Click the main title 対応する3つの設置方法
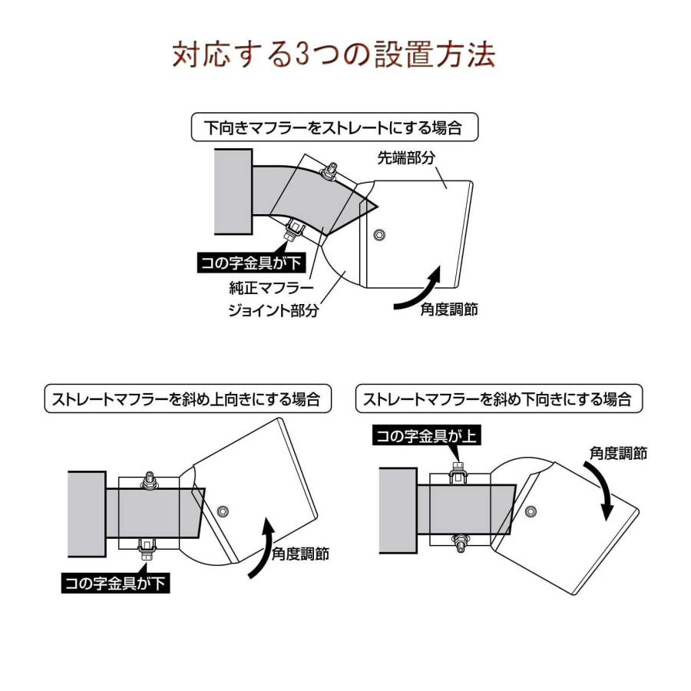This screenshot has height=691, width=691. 334,55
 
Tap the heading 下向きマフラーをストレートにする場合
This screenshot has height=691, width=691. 334,127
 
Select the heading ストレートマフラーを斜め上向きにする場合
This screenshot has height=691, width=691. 187,398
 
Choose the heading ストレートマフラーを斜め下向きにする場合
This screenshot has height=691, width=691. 498,398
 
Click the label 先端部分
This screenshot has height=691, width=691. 406,157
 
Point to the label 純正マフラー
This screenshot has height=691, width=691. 271,288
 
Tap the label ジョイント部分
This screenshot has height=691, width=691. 273,310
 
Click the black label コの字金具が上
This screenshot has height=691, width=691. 425,436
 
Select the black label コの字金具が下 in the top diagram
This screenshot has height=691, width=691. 250,263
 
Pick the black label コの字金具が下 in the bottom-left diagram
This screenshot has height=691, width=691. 115,584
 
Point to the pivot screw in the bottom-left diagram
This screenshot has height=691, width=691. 223,511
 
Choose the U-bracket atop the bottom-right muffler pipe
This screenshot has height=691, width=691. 458,472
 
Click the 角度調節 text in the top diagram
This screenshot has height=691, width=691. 449,309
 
